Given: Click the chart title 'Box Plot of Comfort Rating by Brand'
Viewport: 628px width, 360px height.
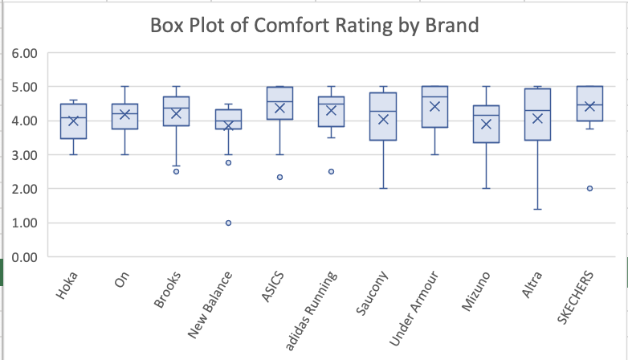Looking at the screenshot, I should [314, 26].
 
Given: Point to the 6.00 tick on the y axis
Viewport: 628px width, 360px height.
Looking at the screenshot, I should [25, 54].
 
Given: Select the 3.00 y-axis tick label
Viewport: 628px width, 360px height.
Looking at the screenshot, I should [25, 155].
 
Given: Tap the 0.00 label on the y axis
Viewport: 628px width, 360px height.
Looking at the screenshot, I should [25, 257].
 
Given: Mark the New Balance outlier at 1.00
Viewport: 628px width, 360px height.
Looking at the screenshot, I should [228, 223].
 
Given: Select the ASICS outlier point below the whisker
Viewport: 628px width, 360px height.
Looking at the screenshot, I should [279, 177].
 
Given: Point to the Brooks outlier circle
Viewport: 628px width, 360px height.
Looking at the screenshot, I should [177, 171].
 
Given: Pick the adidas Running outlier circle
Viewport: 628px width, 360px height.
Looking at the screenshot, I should [331, 171].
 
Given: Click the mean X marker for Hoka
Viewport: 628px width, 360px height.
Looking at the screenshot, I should [73, 121].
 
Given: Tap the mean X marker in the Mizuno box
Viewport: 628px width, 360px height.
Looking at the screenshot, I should [486, 124].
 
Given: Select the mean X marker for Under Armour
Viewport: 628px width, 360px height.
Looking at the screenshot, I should [434, 107].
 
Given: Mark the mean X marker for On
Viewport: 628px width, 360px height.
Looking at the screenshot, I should [124, 115].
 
